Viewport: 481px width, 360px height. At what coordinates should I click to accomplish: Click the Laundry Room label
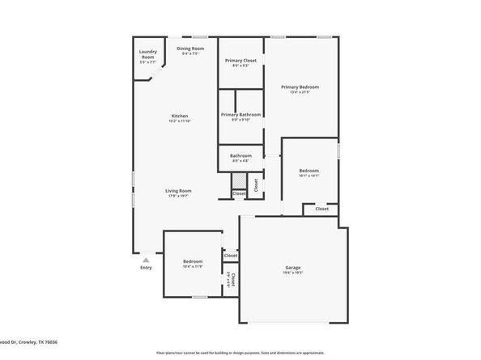[x=147, y=53]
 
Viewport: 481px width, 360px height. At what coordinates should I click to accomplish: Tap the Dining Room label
[x=190, y=49]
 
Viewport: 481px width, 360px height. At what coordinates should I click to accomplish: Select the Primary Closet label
[x=241, y=61]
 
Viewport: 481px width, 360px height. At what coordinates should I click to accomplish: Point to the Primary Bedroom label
[x=300, y=87]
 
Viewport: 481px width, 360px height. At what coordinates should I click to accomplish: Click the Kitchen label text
[x=179, y=116]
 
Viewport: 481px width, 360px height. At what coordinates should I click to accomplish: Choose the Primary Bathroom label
[x=241, y=115]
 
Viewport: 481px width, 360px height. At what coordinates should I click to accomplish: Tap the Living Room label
[x=179, y=191]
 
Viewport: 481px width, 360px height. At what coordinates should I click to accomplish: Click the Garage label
[x=292, y=267]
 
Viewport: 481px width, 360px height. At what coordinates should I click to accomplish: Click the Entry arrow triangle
[x=146, y=260]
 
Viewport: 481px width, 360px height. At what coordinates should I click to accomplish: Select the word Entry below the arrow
[x=146, y=268]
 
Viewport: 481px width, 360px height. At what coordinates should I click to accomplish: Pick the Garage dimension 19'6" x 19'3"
[x=292, y=273]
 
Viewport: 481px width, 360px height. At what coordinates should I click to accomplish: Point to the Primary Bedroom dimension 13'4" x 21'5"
[x=300, y=92]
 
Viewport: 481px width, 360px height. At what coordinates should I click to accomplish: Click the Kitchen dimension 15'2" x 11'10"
[x=179, y=121]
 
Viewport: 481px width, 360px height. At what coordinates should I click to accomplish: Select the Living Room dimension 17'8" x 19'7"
[x=179, y=197]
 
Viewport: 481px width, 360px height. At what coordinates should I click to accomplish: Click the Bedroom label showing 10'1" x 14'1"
[x=309, y=171]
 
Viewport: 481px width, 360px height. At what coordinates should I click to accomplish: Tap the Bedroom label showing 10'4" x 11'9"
[x=192, y=261]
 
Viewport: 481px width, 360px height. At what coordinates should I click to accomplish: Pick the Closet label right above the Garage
[x=321, y=209]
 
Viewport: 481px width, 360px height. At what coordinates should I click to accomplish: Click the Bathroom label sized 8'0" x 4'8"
[x=241, y=156]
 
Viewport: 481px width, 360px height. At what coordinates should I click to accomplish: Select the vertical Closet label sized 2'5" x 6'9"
[x=232, y=281]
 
